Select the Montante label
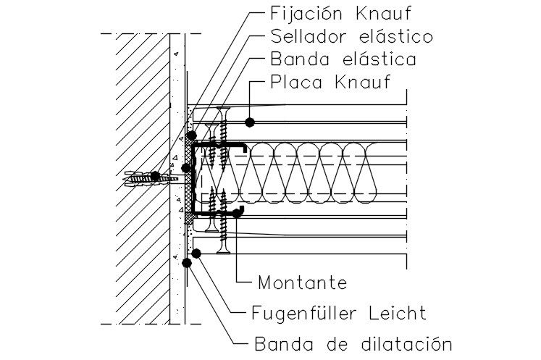302,281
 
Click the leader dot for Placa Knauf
248,121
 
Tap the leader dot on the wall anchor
154,176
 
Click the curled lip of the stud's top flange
243,147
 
